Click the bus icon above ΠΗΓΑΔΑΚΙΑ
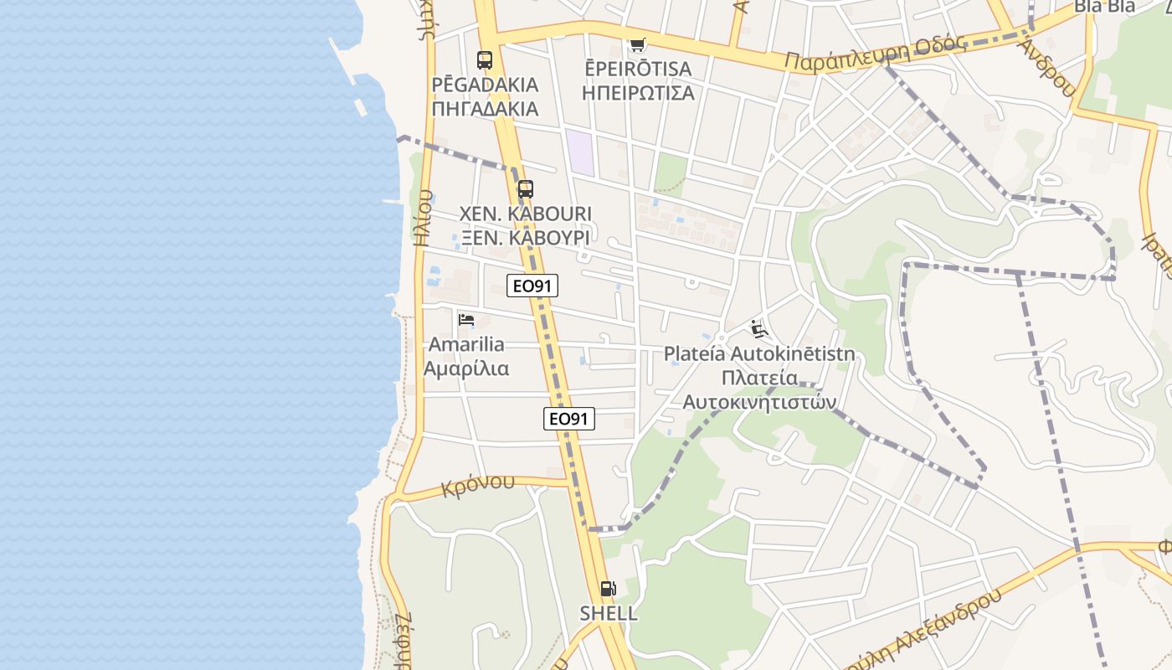pyautogui.click(x=485, y=60)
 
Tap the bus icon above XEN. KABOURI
pyautogui.click(x=525, y=189)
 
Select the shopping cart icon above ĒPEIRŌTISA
pyautogui.click(x=638, y=44)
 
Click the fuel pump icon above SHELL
pyautogui.click(x=609, y=589)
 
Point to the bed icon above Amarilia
pyautogui.click(x=466, y=320)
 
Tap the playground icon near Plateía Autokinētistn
pyautogui.click(x=758, y=328)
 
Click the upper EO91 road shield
pyautogui.click(x=532, y=286)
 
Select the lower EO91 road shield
pyautogui.click(x=569, y=419)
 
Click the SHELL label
pyautogui.click(x=609, y=613)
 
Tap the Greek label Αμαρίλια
pyautogui.click(x=466, y=368)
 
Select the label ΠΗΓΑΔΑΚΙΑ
pyautogui.click(x=485, y=109)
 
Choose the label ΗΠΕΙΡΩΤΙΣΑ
pyautogui.click(x=638, y=92)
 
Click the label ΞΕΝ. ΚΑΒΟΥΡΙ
pyautogui.click(x=525, y=238)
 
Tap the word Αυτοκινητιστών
pyautogui.click(x=759, y=402)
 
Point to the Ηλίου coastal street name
pyautogui.click(x=424, y=218)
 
